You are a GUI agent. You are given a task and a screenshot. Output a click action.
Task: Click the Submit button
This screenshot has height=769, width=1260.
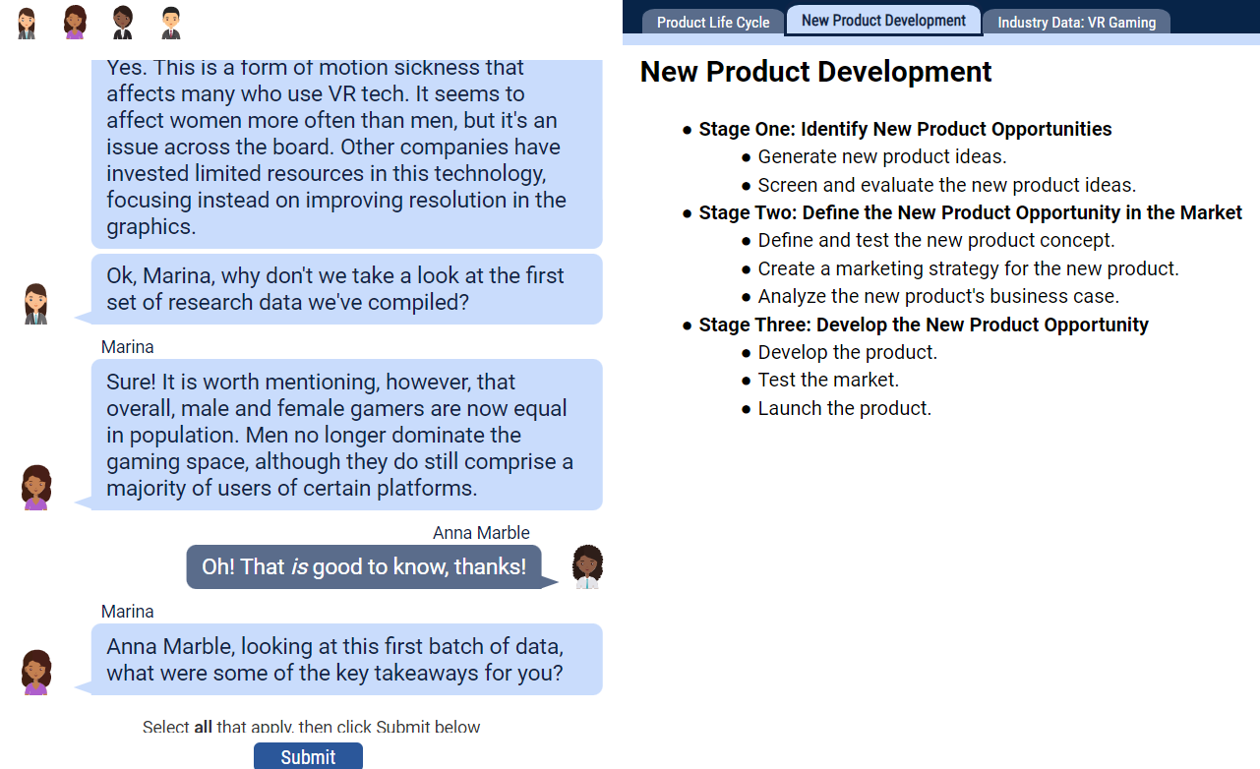click(308, 756)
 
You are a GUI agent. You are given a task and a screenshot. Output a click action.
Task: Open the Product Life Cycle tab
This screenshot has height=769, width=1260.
click(713, 23)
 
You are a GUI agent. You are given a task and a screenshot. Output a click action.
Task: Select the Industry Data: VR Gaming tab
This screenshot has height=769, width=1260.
click(1077, 23)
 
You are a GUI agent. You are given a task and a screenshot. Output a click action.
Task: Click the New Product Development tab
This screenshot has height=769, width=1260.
click(883, 21)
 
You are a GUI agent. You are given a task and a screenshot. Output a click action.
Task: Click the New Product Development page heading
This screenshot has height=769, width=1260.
click(815, 72)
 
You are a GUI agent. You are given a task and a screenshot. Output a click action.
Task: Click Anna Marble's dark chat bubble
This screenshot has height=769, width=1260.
click(364, 566)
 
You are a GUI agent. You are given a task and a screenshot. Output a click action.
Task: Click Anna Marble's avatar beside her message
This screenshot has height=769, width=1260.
click(587, 566)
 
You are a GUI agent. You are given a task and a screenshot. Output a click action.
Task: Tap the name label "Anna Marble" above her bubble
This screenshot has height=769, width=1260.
click(481, 533)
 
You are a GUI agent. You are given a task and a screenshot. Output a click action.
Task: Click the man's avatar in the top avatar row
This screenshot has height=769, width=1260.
click(171, 23)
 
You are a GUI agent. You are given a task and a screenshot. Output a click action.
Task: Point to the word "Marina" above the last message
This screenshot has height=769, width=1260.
click(127, 612)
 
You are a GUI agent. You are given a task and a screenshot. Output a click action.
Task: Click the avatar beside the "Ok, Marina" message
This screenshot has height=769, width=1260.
click(36, 304)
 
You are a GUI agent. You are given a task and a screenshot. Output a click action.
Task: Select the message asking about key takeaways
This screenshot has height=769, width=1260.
click(346, 659)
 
